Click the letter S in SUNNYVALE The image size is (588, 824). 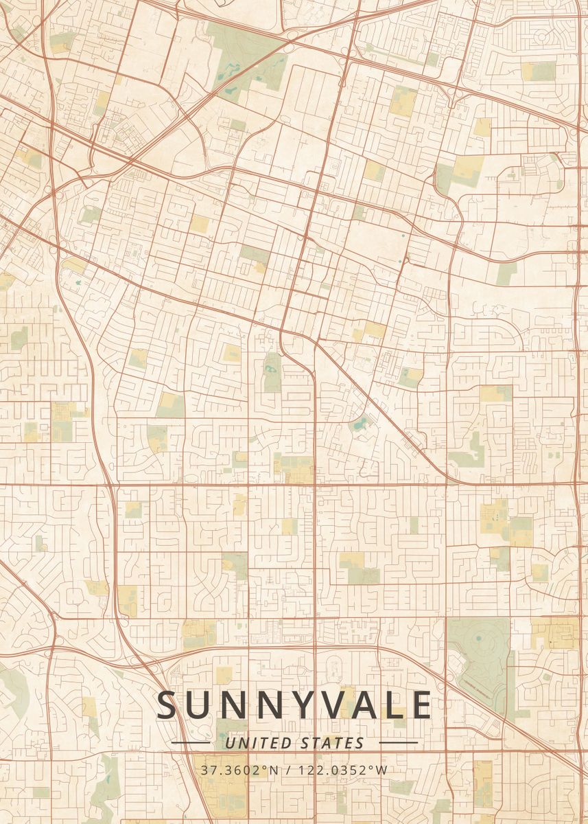coord(169,705)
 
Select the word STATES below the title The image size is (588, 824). coord(333,743)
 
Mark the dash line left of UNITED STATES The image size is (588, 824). coord(191,743)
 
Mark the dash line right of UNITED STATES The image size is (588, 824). coord(398,743)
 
